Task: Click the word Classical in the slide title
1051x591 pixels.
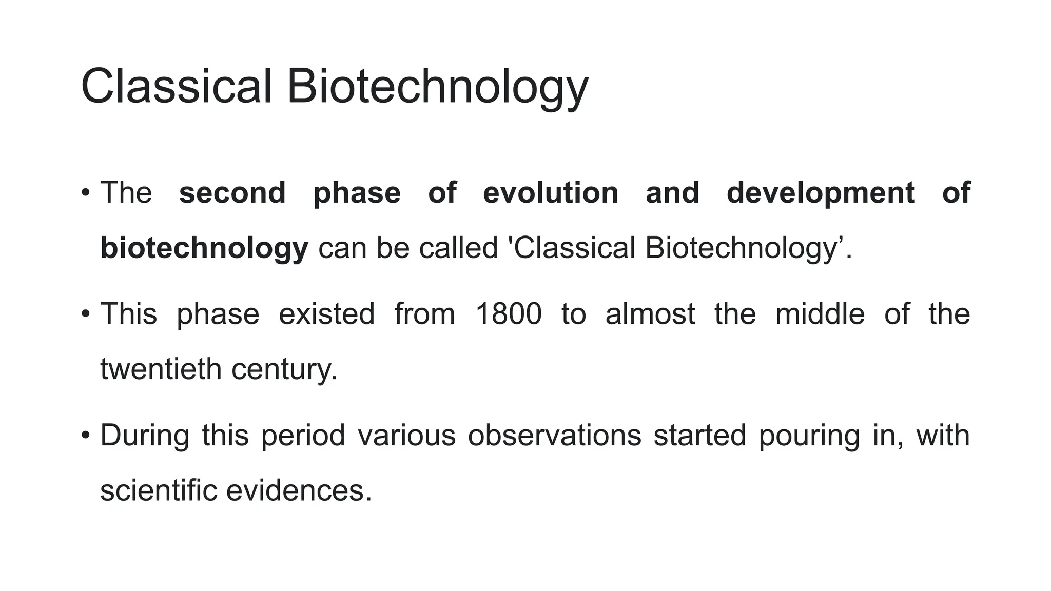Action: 176,86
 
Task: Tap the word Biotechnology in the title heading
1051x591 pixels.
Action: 437,87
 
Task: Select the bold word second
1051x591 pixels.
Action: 232,193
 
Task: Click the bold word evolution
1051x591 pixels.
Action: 551,193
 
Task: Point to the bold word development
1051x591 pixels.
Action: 821,194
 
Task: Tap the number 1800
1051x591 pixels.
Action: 508,314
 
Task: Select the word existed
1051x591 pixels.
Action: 326,314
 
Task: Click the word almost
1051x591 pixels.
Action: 650,314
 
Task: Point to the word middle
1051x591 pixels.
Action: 820,314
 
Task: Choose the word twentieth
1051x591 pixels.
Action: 160,369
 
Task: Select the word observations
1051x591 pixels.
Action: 554,435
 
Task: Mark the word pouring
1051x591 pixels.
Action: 809,436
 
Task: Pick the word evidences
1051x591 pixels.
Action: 298,490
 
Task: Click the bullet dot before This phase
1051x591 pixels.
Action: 86,314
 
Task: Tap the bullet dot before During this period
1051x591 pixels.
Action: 86,436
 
